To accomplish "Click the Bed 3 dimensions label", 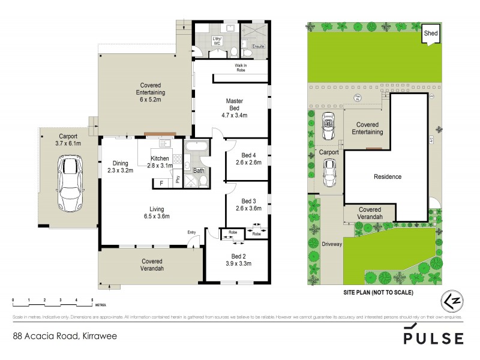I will [x=248, y=208].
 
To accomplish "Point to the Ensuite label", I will [x=258, y=46].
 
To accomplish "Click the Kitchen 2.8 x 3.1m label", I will [x=160, y=162].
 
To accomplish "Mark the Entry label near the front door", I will [x=191, y=232].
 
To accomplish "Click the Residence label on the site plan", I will [x=387, y=177].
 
